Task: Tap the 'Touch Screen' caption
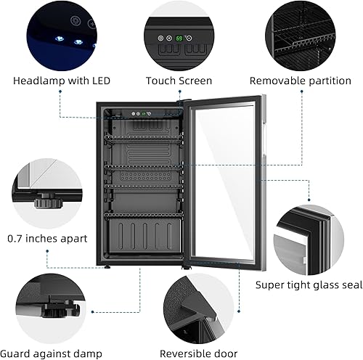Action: (x=179, y=81)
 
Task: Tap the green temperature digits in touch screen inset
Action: (x=179, y=38)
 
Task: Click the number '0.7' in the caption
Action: (x=16, y=238)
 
